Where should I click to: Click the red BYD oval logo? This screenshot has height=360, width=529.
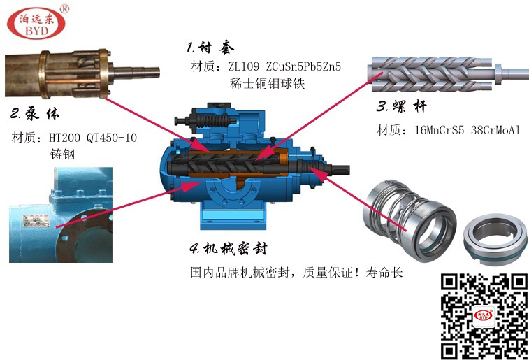click(x=36, y=23)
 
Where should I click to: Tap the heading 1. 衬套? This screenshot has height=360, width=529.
click(x=210, y=48)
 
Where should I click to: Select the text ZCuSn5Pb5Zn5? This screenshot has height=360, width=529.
click(x=303, y=66)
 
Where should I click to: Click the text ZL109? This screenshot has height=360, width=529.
click(x=244, y=66)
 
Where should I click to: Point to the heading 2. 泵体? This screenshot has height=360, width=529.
click(x=35, y=114)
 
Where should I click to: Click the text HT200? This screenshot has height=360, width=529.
click(x=65, y=138)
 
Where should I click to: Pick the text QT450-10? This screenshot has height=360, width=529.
click(x=112, y=138)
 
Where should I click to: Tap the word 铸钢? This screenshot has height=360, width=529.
click(x=62, y=154)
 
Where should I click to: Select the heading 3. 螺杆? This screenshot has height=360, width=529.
click(x=402, y=107)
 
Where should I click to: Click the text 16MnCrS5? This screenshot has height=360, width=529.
click(x=440, y=130)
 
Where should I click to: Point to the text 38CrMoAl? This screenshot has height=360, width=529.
click(x=495, y=130)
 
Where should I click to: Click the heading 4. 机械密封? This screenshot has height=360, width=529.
click(x=229, y=249)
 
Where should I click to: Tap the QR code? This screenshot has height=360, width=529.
click(x=484, y=317)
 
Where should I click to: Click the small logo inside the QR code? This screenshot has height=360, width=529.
click(x=483, y=315)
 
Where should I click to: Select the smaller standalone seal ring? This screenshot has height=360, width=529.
click(x=495, y=238)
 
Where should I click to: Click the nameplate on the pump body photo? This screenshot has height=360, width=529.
click(x=36, y=221)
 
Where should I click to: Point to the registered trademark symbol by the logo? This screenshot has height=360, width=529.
click(x=64, y=9)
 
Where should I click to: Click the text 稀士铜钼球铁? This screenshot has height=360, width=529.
click(x=267, y=83)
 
